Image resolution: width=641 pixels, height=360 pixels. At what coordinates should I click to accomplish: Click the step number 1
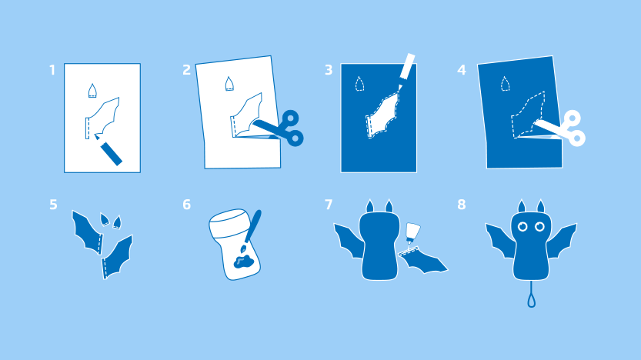(x=52, y=70)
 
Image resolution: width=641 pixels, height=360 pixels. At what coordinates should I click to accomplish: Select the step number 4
(x=462, y=70)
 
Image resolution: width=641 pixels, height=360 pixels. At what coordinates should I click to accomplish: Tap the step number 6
(x=186, y=205)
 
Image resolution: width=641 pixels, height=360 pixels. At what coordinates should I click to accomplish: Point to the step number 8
(x=462, y=205)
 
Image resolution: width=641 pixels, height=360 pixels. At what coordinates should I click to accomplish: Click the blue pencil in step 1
(x=109, y=149)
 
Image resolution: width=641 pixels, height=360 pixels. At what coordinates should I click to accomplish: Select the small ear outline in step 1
(x=92, y=91)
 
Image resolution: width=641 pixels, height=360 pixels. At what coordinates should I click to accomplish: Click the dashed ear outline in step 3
(x=359, y=84)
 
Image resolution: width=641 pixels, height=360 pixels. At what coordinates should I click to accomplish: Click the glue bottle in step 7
(x=412, y=234)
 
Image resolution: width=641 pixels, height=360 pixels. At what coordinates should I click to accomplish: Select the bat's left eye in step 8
(x=522, y=227)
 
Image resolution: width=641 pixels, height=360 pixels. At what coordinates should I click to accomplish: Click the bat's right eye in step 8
(x=539, y=227)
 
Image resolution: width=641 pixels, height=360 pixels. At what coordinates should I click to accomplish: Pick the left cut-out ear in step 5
(x=105, y=219)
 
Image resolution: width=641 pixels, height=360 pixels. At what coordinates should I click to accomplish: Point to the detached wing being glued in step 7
(x=423, y=260)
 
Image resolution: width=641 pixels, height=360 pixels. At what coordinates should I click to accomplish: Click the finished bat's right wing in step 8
(x=562, y=240)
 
